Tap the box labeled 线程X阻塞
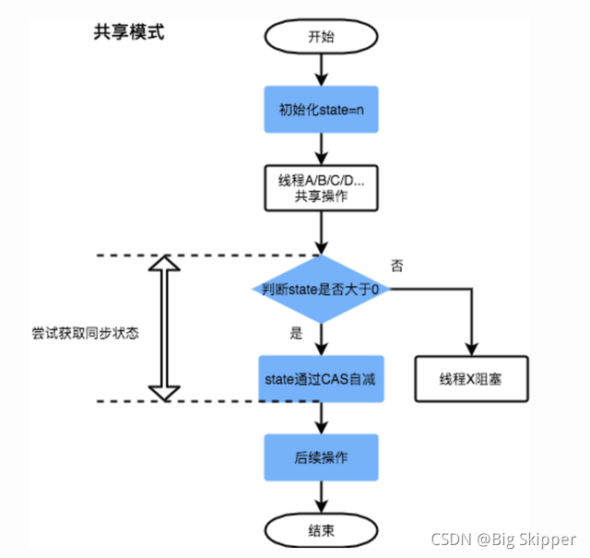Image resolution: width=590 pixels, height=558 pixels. click(471, 378)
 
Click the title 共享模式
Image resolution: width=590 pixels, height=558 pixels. click(128, 32)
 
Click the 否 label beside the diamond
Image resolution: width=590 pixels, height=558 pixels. click(397, 267)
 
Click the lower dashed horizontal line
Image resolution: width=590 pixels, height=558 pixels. click(184, 400)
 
